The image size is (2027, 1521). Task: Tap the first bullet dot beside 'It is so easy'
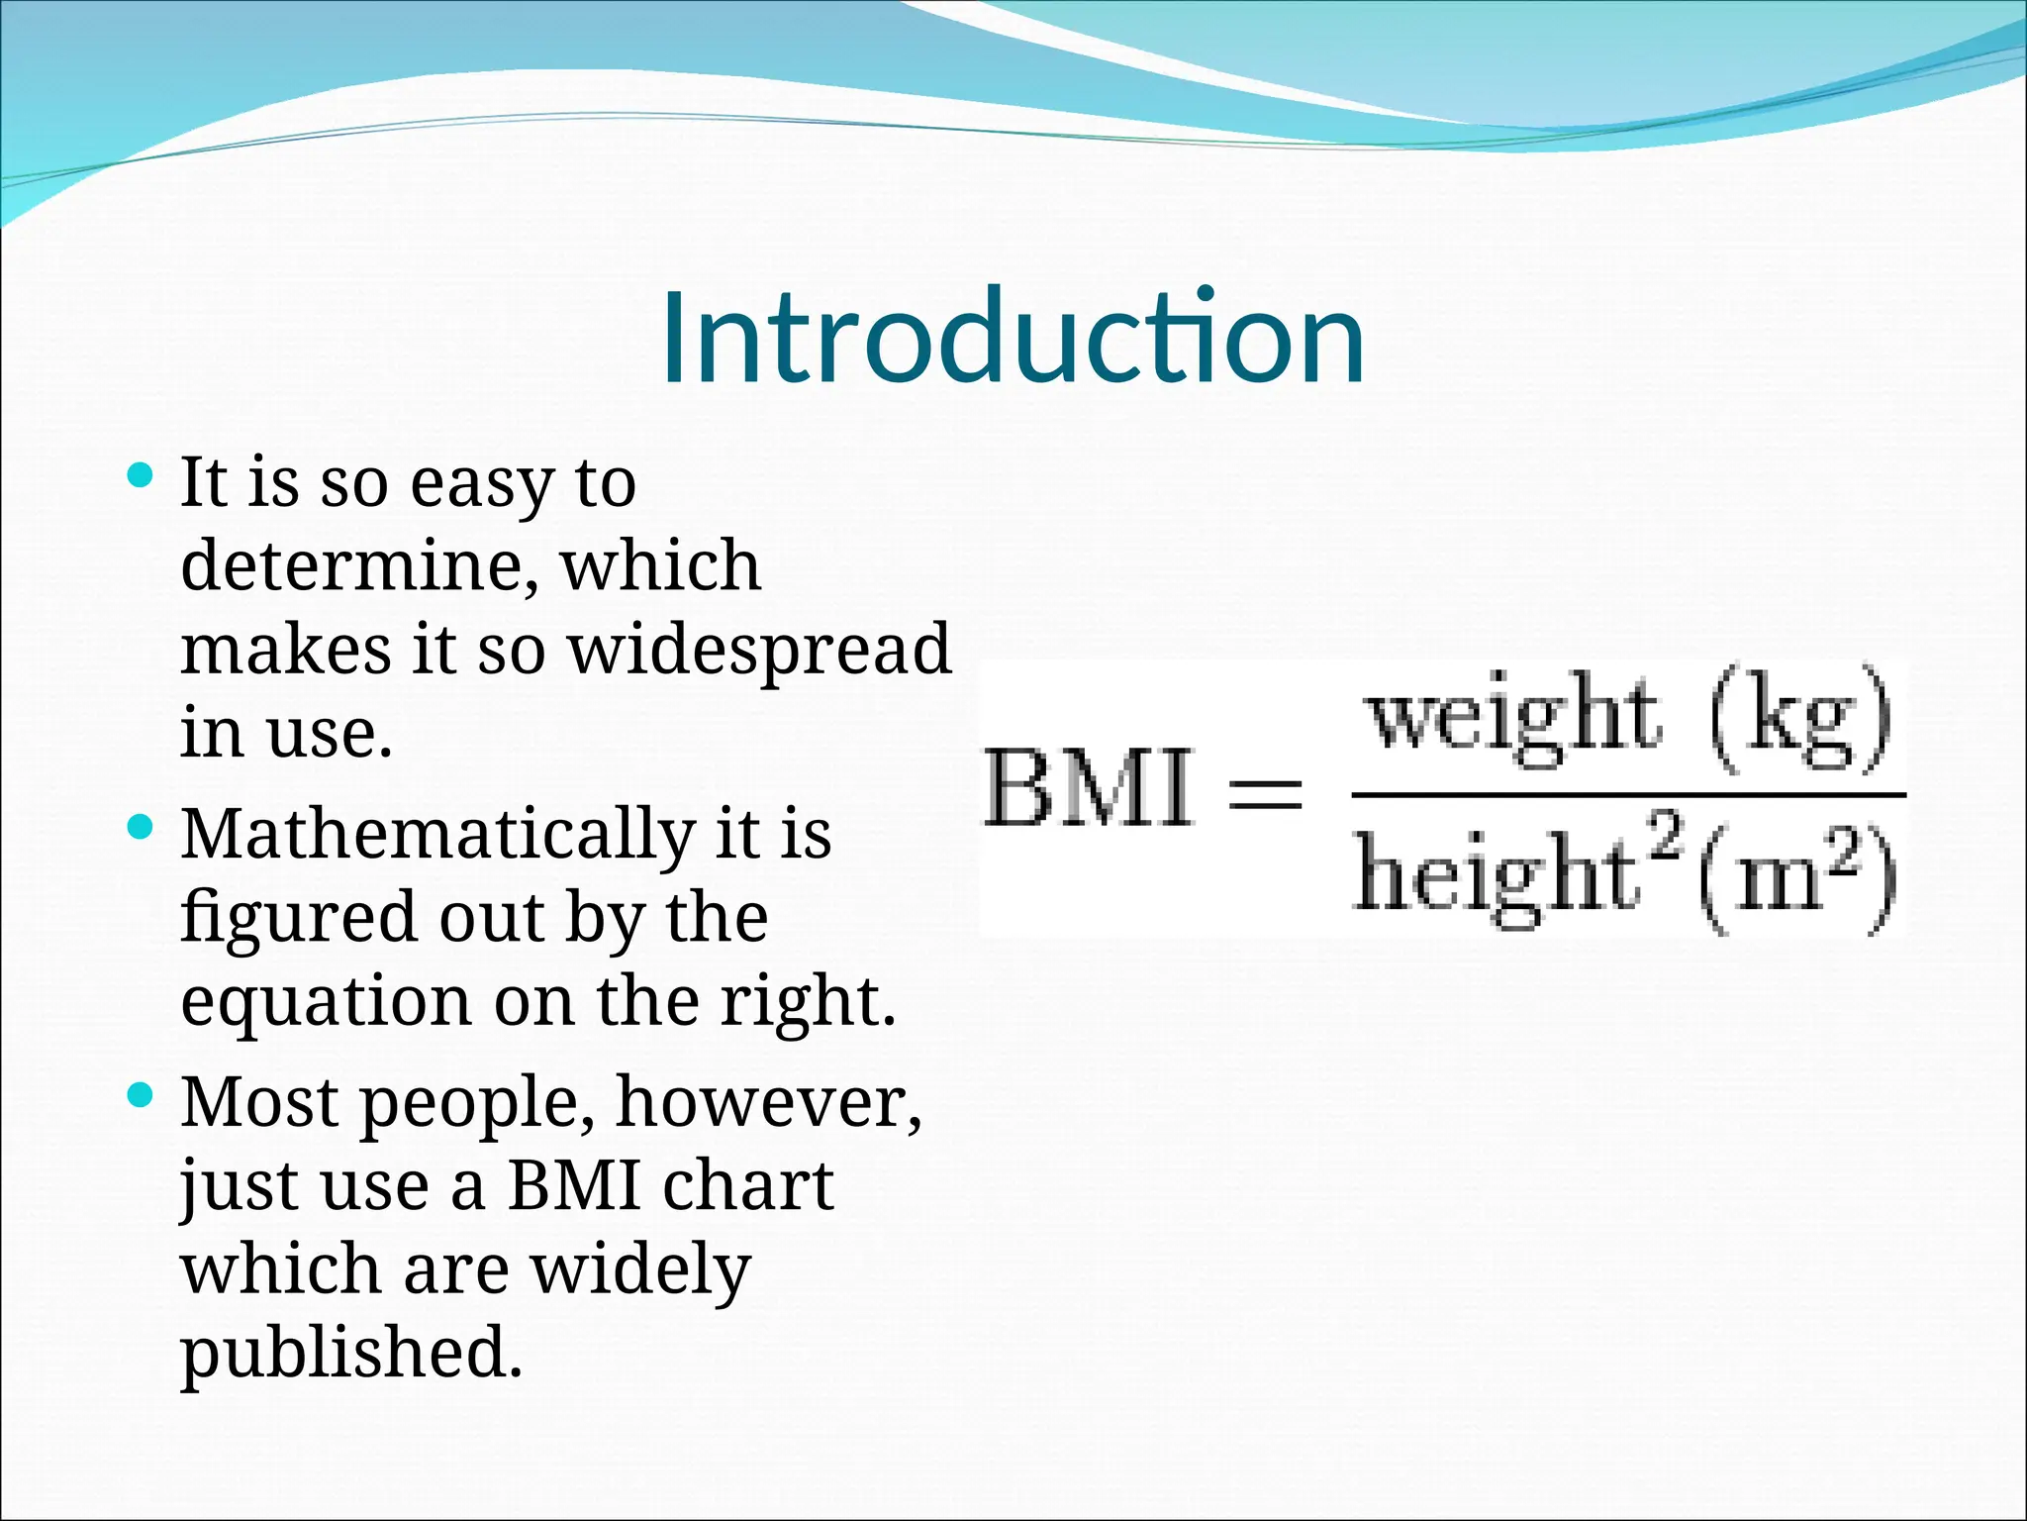[x=141, y=476]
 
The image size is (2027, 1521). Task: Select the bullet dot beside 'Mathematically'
[x=141, y=827]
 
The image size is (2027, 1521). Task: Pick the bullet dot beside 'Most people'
[x=141, y=1095]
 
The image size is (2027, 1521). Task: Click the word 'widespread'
[x=759, y=650]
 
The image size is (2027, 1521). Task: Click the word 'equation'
[x=325, y=1002]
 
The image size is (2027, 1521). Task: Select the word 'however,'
[x=768, y=1101]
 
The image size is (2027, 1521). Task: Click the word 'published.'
[x=350, y=1353]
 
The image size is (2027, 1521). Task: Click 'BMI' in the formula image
[x=1089, y=790]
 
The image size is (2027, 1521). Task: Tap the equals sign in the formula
[x=1266, y=793]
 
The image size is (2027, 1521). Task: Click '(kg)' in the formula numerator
[x=1801, y=719]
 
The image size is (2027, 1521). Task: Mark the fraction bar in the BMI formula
[x=1628, y=794]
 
